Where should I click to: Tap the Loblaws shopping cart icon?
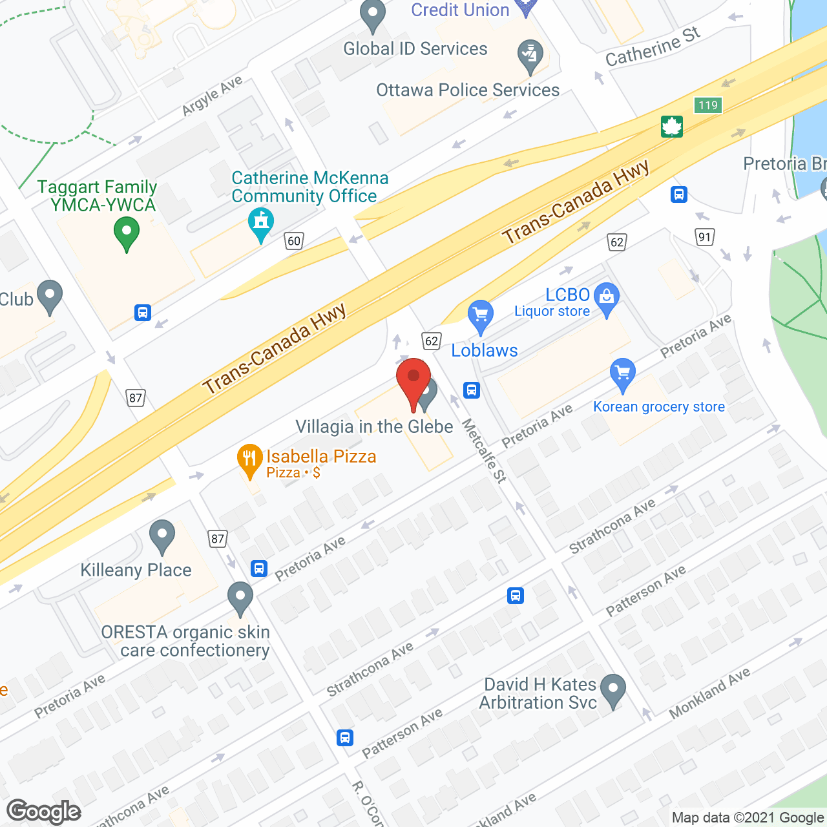(480, 316)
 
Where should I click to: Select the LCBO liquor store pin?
(606, 298)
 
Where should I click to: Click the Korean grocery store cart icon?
(622, 374)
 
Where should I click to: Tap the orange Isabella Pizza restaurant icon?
(249, 459)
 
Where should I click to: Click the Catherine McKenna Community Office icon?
(260, 223)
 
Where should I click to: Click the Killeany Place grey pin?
(162, 536)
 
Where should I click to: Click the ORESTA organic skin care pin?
(240, 598)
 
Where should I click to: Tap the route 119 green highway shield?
(708, 105)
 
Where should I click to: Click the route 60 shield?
(294, 241)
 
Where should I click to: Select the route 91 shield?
(704, 236)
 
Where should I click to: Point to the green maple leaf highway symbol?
(672, 127)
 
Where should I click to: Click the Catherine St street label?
(653, 47)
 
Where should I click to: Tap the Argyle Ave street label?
(212, 96)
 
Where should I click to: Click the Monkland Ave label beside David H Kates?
(709, 693)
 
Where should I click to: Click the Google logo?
(43, 811)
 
